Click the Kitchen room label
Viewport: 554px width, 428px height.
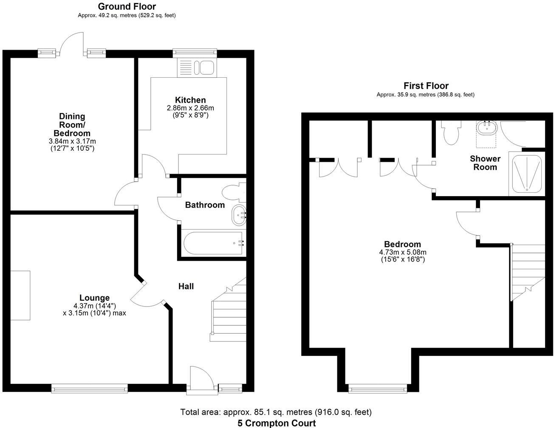(x=190, y=100)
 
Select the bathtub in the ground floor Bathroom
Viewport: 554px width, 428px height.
(x=213, y=243)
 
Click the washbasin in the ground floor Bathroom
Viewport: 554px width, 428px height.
(x=238, y=215)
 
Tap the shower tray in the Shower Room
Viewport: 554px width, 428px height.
(x=527, y=174)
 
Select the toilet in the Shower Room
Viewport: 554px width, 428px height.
(x=449, y=132)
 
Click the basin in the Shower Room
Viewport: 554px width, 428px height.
(x=486, y=127)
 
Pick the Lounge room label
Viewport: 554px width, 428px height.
(x=94, y=298)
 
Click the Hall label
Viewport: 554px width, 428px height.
(x=186, y=287)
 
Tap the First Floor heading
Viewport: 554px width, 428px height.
(x=426, y=86)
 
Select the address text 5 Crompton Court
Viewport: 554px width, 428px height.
(x=277, y=423)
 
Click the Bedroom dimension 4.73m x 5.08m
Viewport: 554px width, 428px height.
(x=402, y=252)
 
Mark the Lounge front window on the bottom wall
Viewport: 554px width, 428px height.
(x=89, y=387)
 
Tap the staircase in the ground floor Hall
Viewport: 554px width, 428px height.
(x=229, y=310)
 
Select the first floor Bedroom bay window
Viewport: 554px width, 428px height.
(x=376, y=388)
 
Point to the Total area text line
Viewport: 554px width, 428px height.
(x=276, y=412)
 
